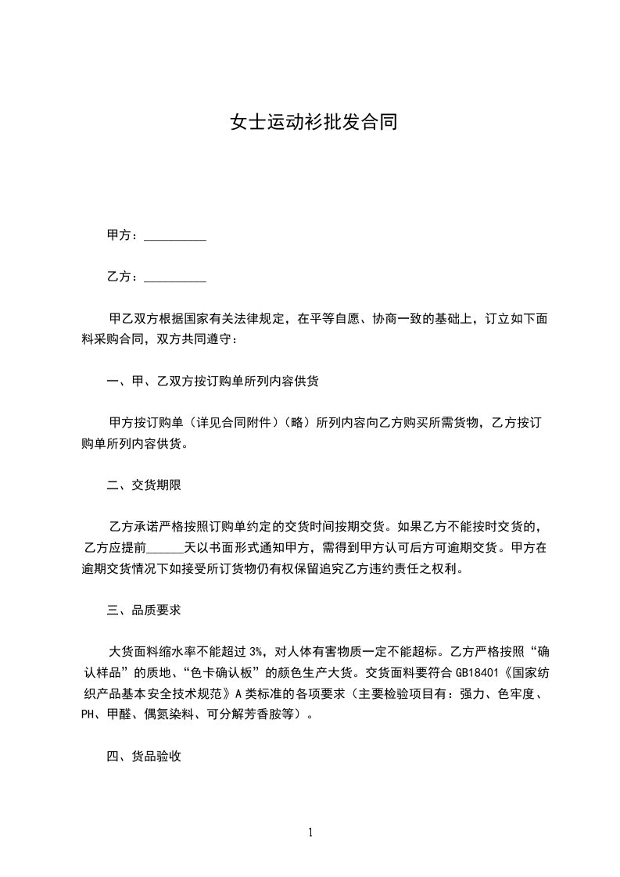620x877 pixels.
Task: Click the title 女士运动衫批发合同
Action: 310,122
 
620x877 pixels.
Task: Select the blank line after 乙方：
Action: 175,277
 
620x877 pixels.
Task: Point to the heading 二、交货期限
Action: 144,485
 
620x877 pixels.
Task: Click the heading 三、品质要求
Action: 144,610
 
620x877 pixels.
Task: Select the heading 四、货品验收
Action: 144,756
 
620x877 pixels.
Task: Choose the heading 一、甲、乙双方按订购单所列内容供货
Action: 213,381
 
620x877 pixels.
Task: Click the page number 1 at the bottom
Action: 310,832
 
